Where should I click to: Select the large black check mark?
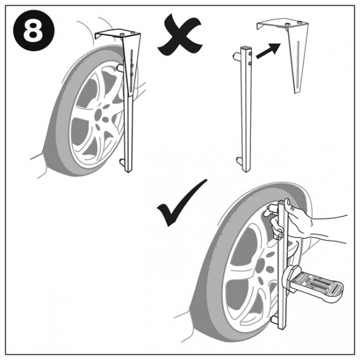180,206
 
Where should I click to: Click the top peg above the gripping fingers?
272,207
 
